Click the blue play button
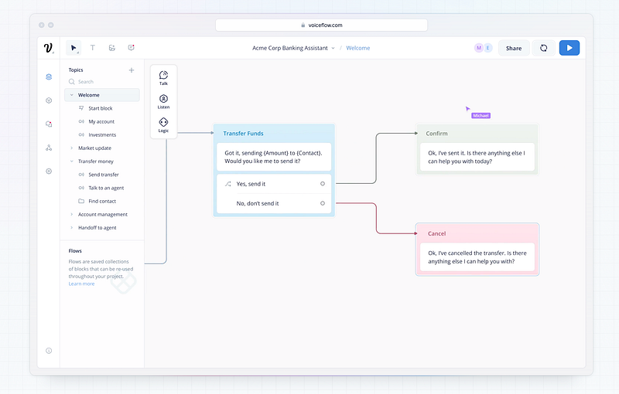(x=569, y=48)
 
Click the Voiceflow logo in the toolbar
(x=48, y=48)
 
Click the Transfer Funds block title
(x=243, y=134)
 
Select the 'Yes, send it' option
(x=251, y=184)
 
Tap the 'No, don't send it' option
(x=258, y=204)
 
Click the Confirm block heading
(x=436, y=134)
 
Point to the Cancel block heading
(x=436, y=233)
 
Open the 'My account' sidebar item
(x=101, y=122)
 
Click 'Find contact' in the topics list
(x=102, y=202)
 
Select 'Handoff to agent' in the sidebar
(x=97, y=228)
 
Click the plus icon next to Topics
(x=132, y=70)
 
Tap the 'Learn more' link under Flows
(x=82, y=284)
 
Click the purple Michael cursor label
(x=480, y=116)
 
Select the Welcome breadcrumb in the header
(x=358, y=48)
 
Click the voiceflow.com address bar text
(x=325, y=25)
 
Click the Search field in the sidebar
(x=86, y=82)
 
